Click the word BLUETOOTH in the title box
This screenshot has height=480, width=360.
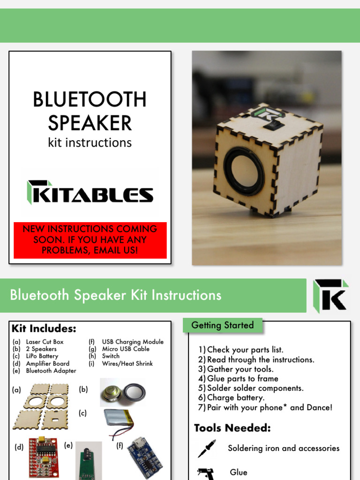(90, 100)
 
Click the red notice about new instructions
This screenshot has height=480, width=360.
(90, 240)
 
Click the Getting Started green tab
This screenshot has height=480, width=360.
(223, 325)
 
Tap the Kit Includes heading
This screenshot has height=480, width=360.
(44, 328)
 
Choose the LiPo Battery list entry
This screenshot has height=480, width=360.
(42, 356)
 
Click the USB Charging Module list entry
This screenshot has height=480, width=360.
(133, 342)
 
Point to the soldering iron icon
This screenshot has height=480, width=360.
(207, 449)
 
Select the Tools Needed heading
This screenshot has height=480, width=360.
(232, 428)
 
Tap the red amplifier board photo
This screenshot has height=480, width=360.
(43, 457)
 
